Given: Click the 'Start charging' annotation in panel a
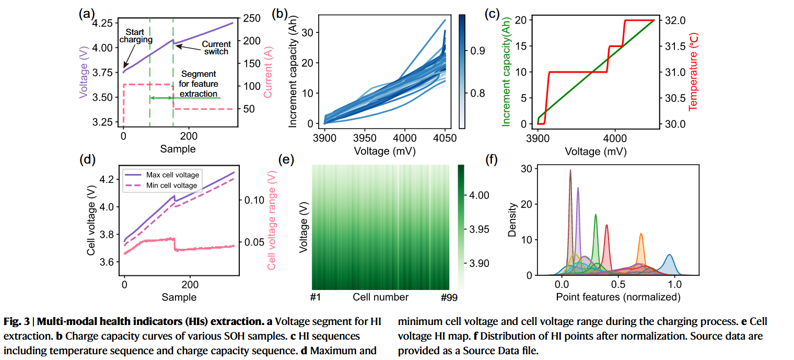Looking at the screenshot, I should (x=136, y=36).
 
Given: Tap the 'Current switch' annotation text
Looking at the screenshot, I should (x=216, y=48).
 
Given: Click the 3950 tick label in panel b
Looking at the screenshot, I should (x=364, y=137).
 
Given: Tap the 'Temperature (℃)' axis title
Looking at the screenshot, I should (x=694, y=72).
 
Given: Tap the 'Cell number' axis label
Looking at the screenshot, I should (x=380, y=297).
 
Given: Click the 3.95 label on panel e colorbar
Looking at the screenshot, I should (x=479, y=229).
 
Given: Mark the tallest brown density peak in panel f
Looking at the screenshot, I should (x=570, y=170).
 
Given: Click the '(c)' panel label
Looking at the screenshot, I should (x=493, y=15).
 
